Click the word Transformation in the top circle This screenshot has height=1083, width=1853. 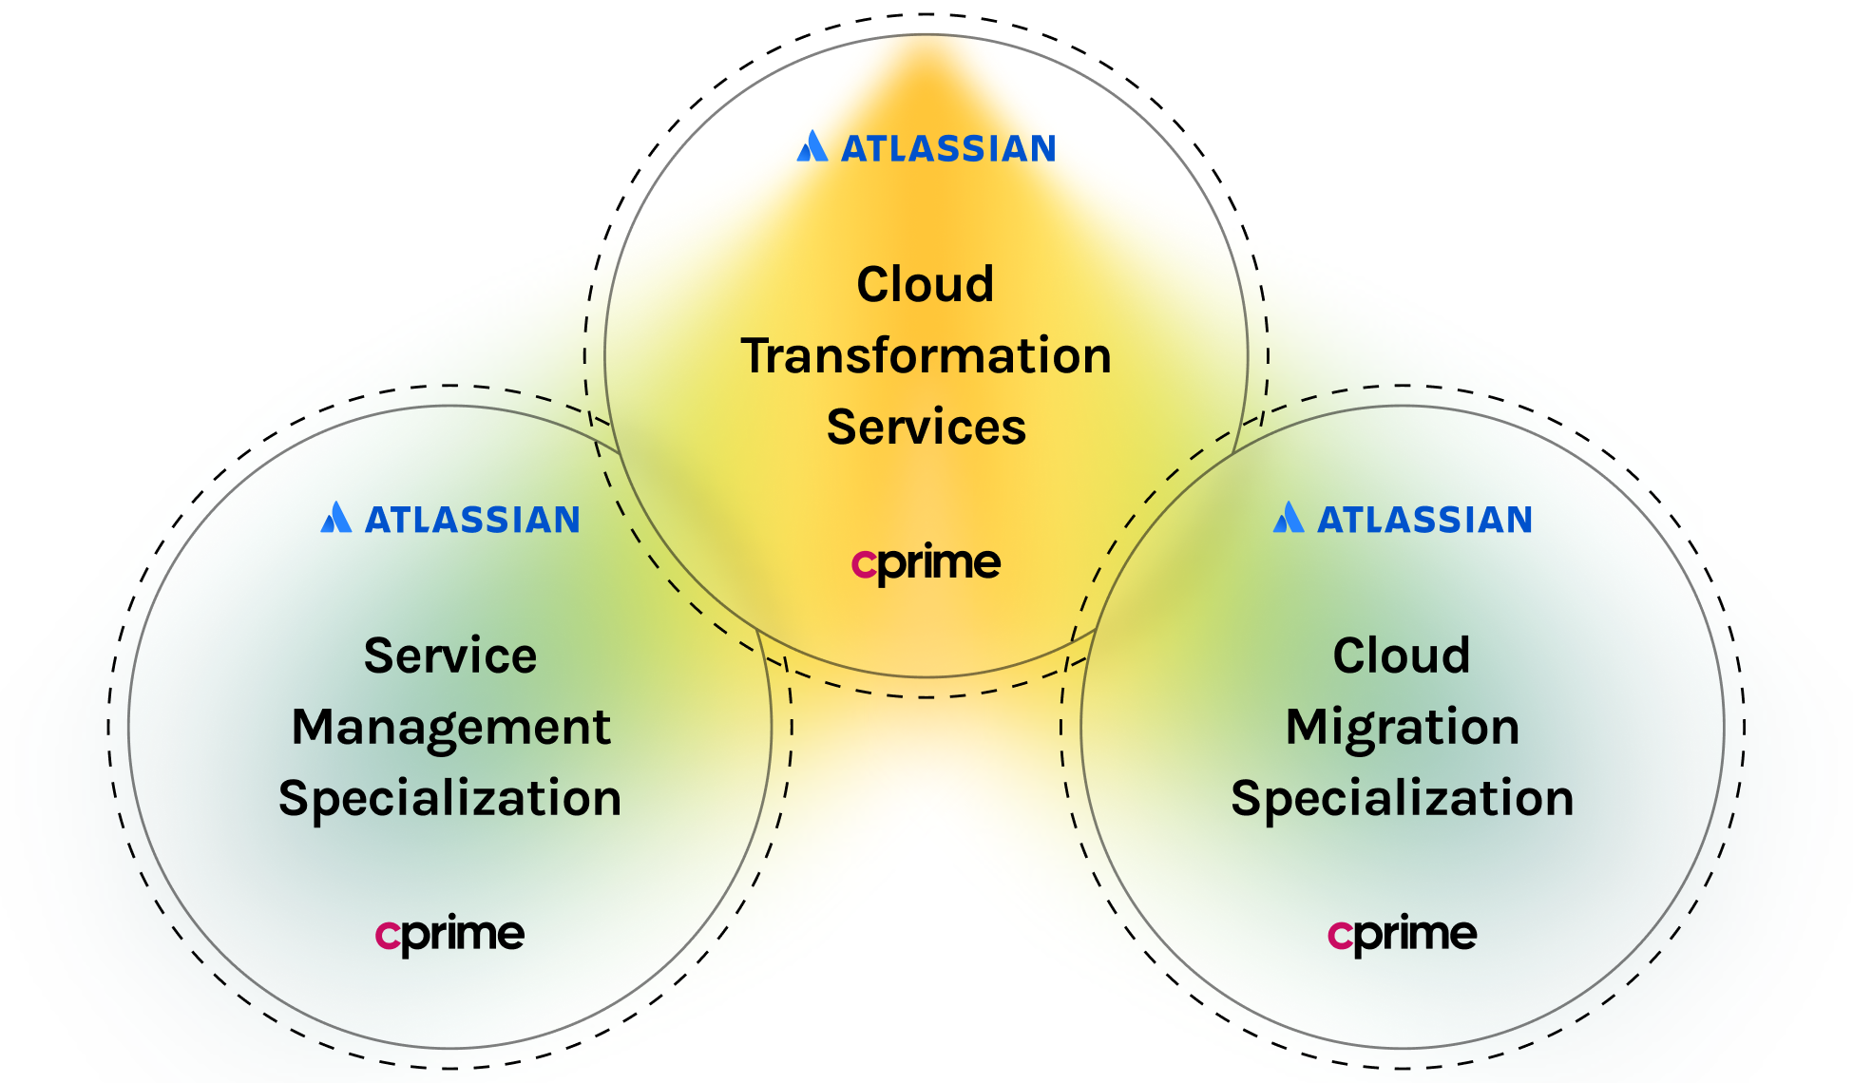pyautogui.click(x=926, y=356)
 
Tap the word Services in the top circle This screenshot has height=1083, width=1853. pyautogui.click(x=926, y=427)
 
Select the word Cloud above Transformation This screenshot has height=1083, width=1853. pyautogui.click(x=925, y=284)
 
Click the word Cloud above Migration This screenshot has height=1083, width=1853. pyautogui.click(x=1401, y=655)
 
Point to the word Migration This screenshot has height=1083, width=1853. pyautogui.click(x=1402, y=728)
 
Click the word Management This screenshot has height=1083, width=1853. pyautogui.click(x=450, y=728)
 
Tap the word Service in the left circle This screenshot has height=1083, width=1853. pyautogui.click(x=449, y=655)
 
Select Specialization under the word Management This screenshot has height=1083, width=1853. pyautogui.click(x=449, y=798)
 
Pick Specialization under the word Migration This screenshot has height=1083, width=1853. pyautogui.click(x=1402, y=798)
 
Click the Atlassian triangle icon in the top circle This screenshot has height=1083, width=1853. pyautogui.click(x=812, y=147)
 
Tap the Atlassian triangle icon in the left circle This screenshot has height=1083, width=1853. pyautogui.click(x=335, y=518)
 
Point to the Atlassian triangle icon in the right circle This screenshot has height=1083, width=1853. pyautogui.click(x=1288, y=518)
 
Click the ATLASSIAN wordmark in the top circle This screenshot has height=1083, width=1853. pyautogui.click(x=948, y=149)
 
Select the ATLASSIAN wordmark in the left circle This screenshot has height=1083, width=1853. pyautogui.click(x=472, y=521)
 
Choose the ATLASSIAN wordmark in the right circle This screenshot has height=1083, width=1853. pyautogui.click(x=1424, y=521)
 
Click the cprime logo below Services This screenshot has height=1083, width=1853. pyautogui.click(x=926, y=564)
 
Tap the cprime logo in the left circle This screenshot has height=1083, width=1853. pyautogui.click(x=449, y=935)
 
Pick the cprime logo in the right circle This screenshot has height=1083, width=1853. pyautogui.click(x=1402, y=935)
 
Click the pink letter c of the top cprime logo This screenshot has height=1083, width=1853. pyautogui.click(x=863, y=564)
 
